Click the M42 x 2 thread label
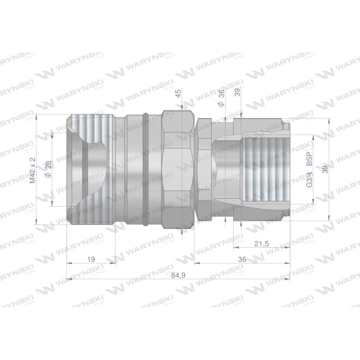(x=33, y=170)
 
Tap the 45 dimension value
(x=178, y=93)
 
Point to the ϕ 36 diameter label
(x=221, y=98)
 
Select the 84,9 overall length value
(x=178, y=275)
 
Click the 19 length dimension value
(x=91, y=259)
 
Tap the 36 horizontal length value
(x=242, y=260)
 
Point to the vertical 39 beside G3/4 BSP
(x=325, y=170)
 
